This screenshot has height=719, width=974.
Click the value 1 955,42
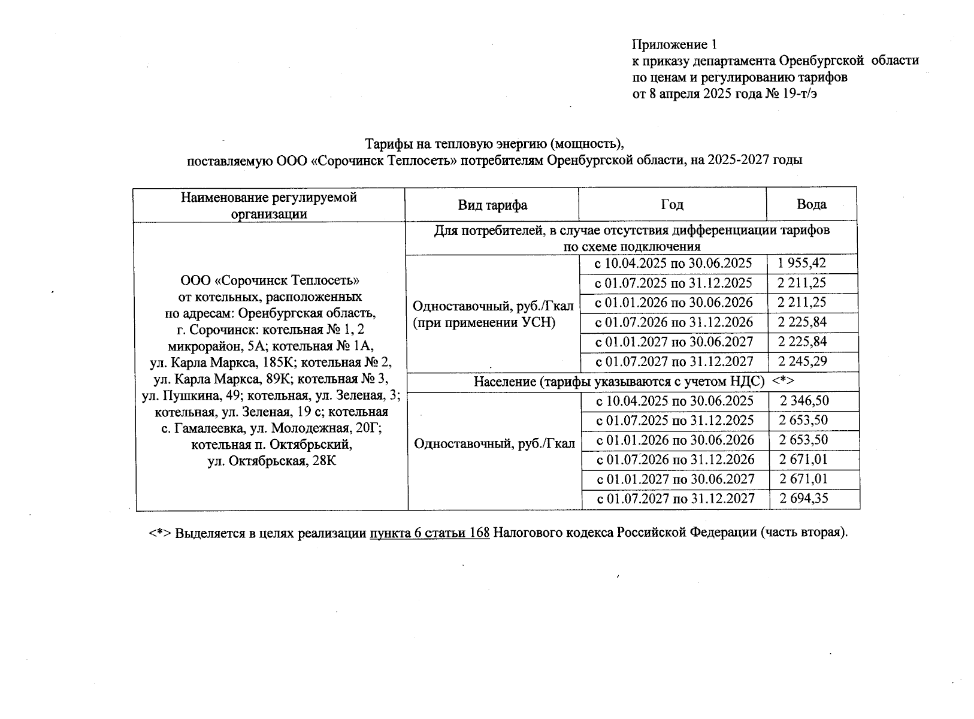pos(802,263)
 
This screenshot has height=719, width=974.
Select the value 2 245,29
pos(802,361)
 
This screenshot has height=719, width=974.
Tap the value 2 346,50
pos(804,401)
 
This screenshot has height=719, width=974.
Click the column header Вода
pos(811,204)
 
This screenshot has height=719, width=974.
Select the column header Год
pos(672,204)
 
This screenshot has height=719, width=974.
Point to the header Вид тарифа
pos(492,205)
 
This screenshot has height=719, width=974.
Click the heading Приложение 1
pos(674,44)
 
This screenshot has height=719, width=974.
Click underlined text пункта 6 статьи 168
pos(429,533)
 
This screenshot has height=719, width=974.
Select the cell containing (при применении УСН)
pos(484,323)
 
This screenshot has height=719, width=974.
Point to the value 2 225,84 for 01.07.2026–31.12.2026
pos(802,322)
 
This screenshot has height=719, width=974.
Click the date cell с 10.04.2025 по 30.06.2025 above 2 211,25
pos(673,263)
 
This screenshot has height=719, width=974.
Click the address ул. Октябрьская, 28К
pos(271,461)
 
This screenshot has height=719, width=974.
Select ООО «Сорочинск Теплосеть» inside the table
pos(270,280)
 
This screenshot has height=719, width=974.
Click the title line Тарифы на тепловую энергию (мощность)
pos(495,144)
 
